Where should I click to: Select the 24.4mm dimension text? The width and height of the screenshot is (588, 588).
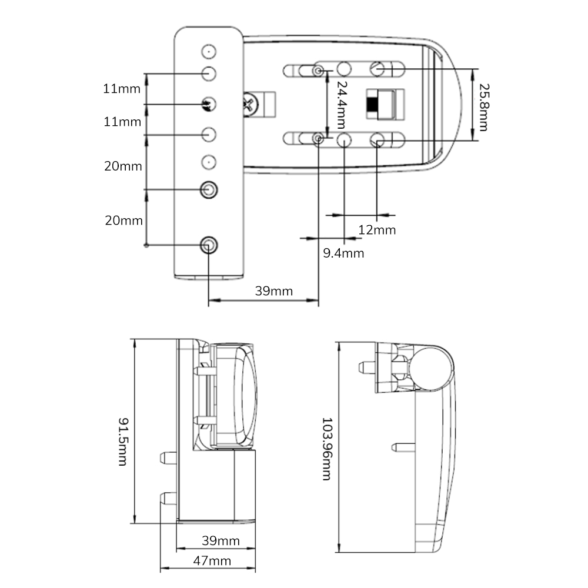coord(340,105)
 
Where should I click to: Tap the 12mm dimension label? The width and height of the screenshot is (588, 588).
coord(377,230)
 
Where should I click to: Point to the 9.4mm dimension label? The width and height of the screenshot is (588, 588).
coord(343,253)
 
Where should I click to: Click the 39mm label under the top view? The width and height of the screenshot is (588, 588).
coord(273,291)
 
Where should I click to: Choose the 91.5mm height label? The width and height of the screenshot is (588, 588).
coord(122,441)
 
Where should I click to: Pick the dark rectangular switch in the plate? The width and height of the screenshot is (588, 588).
coord(372,105)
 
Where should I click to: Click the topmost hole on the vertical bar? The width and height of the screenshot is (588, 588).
coord(208,52)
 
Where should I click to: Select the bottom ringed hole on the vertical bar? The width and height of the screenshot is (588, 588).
coord(208,245)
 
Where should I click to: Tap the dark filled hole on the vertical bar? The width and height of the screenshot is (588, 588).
coord(208,104)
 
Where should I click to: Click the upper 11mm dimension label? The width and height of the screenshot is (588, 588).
coord(122,89)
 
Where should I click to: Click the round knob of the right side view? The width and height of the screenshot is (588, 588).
coord(431,368)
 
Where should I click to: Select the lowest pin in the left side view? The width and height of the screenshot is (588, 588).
coord(169,499)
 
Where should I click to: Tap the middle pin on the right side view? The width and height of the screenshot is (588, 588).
coord(403,447)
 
